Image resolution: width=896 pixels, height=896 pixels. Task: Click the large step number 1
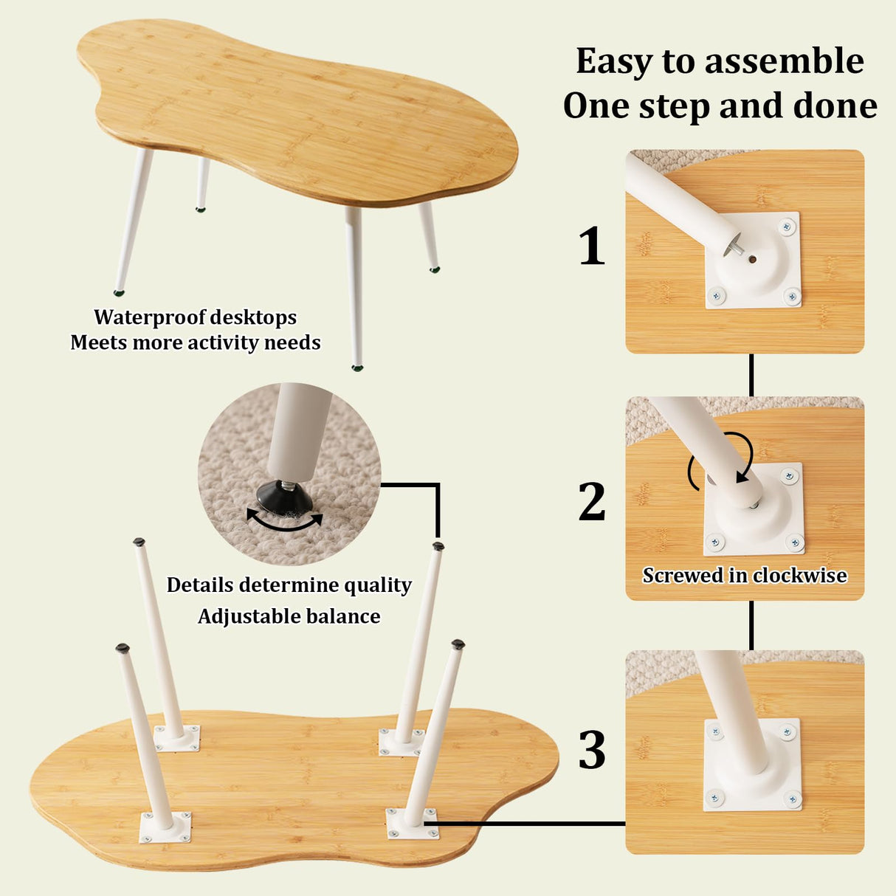[x=591, y=246]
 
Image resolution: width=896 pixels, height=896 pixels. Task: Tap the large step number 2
[x=592, y=502]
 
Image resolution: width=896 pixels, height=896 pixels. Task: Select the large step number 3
[x=592, y=750]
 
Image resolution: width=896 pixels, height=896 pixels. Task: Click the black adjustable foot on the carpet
[x=285, y=499]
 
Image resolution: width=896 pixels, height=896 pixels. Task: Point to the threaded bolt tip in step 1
[x=735, y=248]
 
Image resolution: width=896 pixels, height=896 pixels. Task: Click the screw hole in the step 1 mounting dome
[x=752, y=259]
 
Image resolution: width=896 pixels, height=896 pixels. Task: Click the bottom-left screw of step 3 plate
[x=715, y=797]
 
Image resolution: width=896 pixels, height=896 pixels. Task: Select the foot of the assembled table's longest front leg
[x=357, y=366]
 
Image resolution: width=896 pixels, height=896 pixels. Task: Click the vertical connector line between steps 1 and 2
[x=751, y=375]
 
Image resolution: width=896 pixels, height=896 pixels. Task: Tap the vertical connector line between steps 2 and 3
[x=751, y=625]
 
